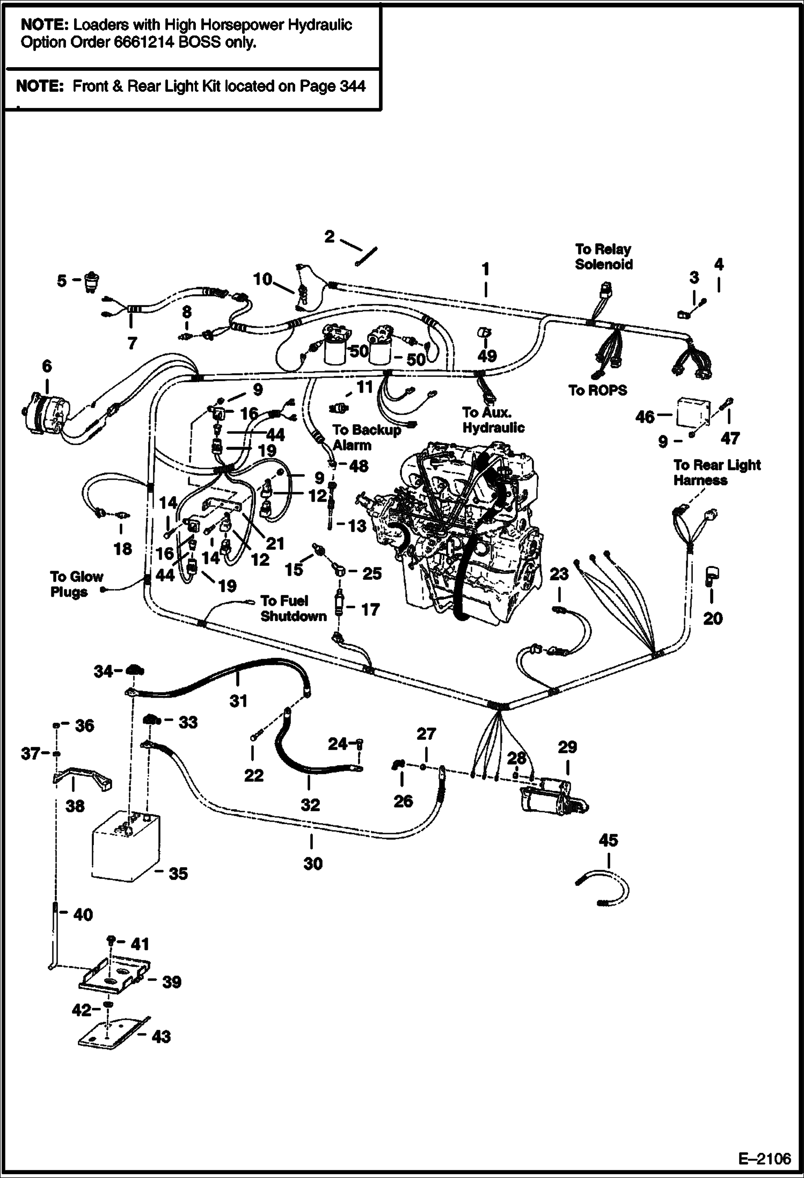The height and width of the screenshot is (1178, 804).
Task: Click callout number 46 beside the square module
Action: (x=645, y=417)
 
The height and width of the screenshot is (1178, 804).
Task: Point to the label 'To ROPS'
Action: (x=597, y=390)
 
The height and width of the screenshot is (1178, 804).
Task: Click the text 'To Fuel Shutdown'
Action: (x=293, y=608)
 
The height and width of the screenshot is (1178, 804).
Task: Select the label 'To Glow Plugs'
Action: (x=76, y=584)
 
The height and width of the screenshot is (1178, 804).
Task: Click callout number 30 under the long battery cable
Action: (x=312, y=863)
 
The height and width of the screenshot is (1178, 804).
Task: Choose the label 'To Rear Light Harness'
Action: (x=717, y=472)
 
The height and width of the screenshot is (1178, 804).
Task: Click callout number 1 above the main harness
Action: (x=485, y=268)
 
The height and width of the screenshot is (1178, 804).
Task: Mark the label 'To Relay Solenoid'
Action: (x=603, y=257)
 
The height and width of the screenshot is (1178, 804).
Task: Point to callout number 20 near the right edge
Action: (x=712, y=618)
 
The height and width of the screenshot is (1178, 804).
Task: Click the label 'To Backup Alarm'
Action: (x=366, y=437)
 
